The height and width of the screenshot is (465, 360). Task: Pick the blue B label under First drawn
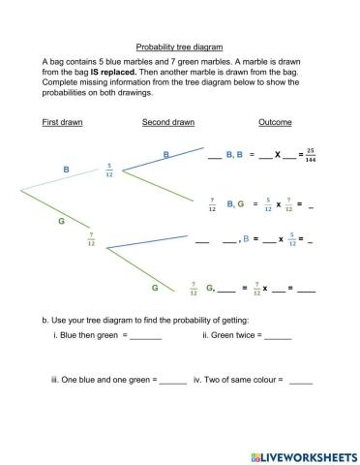(x=67, y=170)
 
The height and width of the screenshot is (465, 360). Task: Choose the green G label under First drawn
(x=62, y=222)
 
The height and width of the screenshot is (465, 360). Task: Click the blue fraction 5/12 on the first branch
(x=109, y=170)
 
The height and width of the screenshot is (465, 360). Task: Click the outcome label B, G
(x=234, y=204)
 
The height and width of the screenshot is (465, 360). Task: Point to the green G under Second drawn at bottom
(x=155, y=288)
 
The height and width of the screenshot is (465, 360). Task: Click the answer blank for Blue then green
(x=145, y=337)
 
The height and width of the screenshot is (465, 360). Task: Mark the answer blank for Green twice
(x=277, y=337)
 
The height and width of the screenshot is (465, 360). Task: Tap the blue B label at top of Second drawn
(x=165, y=154)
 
